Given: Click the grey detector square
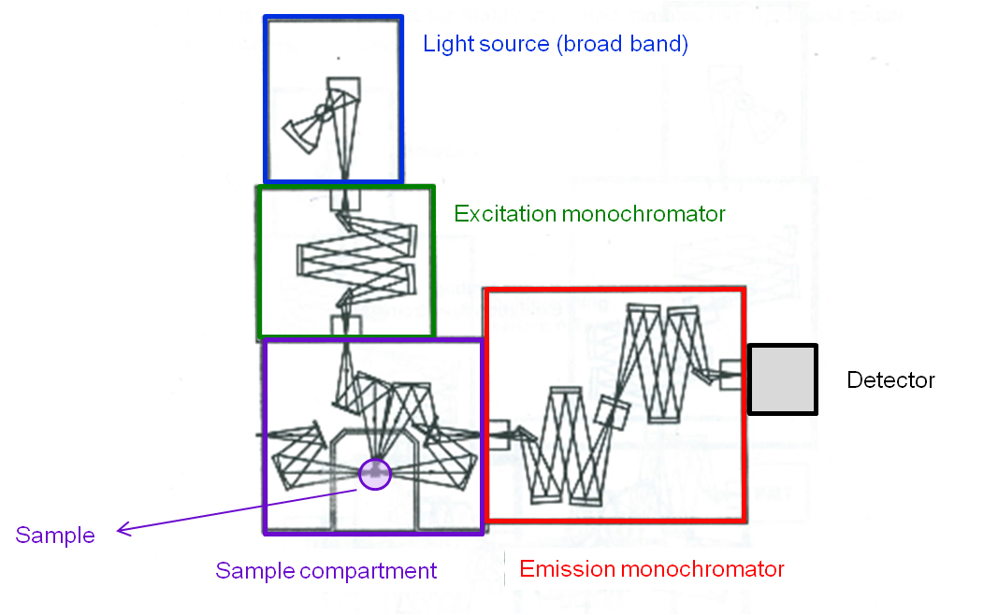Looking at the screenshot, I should click(782, 379).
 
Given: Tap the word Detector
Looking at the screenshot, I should click(890, 380).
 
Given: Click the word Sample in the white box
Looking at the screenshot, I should click(56, 536).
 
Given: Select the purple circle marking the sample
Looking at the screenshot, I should click(376, 473).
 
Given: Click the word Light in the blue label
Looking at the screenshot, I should click(443, 44).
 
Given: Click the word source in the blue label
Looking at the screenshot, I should click(517, 44).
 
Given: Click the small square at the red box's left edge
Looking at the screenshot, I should click(498, 436).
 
